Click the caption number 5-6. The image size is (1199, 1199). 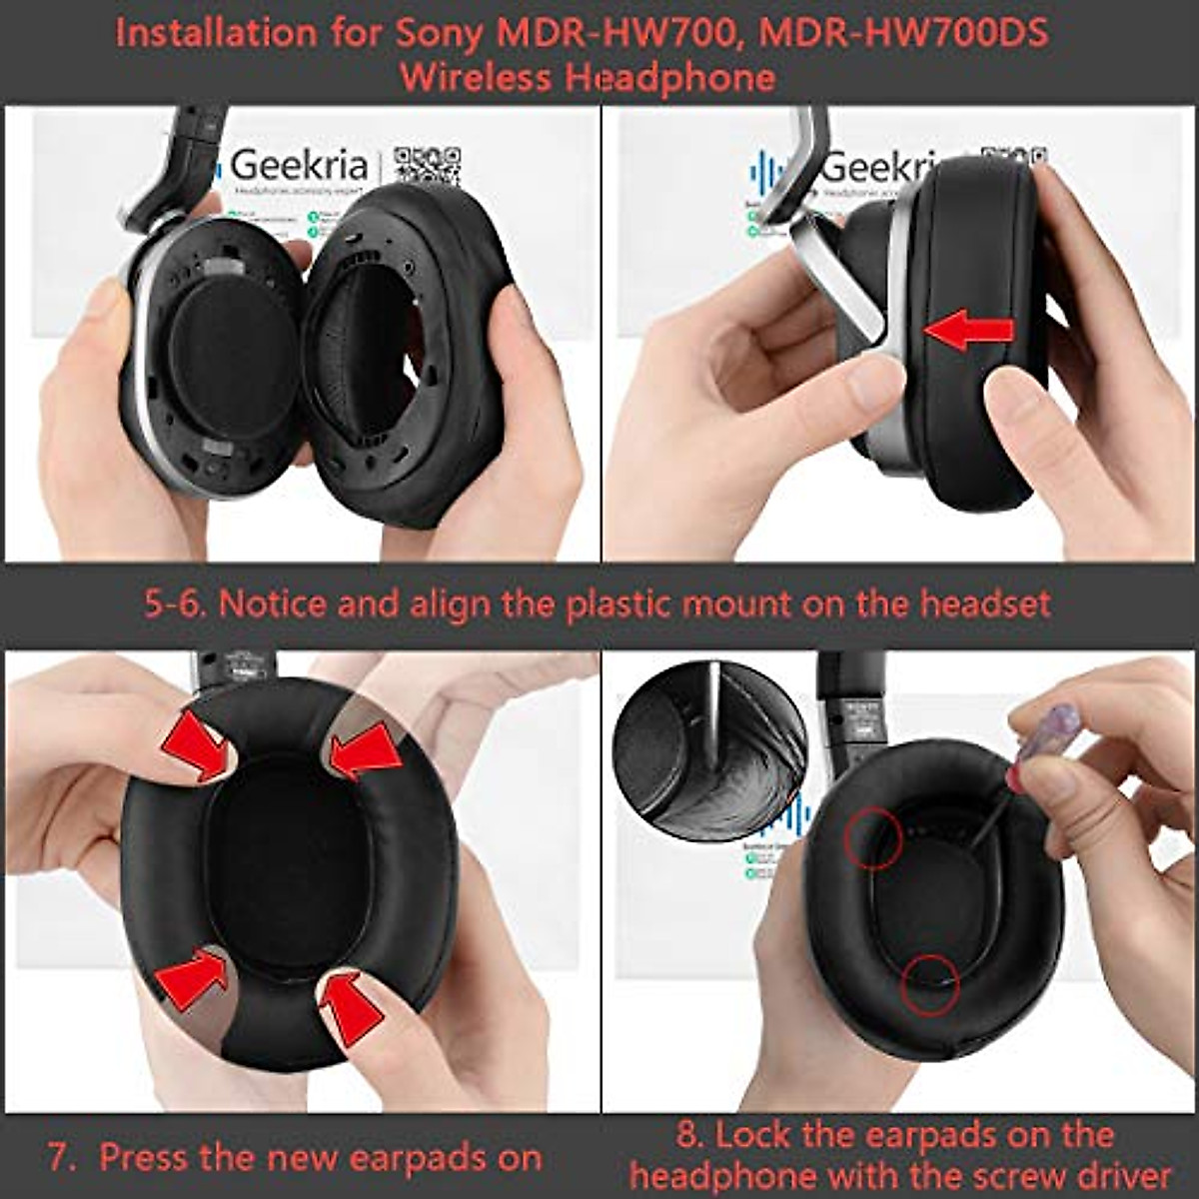pyautogui.click(x=174, y=604)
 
